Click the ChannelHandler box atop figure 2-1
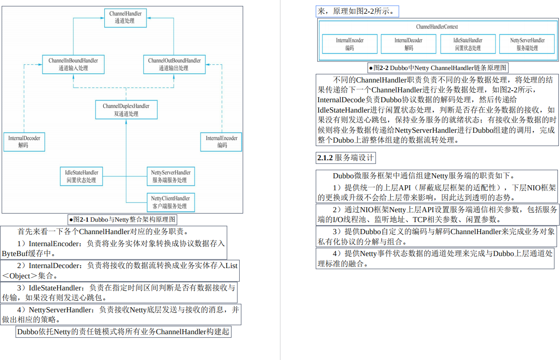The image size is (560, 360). coord(125,17)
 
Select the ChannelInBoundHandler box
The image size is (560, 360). coord(73,64)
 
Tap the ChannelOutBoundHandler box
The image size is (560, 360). coord(174,64)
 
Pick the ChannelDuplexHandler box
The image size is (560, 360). coord(126,110)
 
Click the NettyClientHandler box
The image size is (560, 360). coord(170,202)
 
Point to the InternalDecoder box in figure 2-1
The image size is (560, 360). coord(24,142)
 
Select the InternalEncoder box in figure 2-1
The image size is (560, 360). coord(222,142)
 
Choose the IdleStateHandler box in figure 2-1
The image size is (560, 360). coord(81,176)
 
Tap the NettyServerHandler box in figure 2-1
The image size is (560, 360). coord(170,176)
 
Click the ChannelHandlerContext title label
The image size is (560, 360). coord(437,27)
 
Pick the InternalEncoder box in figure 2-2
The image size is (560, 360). coord(350,44)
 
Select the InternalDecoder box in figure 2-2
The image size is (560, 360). coord(408,44)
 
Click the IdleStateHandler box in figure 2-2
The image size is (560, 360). coord(468,44)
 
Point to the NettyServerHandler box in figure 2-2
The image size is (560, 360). coord(527,44)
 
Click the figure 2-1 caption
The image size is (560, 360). coord(123,220)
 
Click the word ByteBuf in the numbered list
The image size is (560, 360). coord(15,253)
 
